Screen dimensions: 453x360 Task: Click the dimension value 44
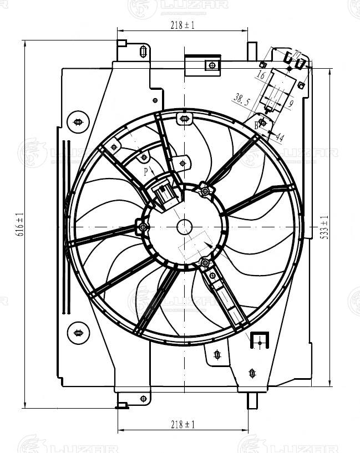tap(279, 138)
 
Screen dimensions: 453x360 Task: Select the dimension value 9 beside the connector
tap(290, 103)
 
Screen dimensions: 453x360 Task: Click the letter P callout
tap(146, 171)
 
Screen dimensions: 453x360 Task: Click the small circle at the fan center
tap(184, 226)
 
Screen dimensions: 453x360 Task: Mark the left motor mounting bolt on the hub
tap(143, 227)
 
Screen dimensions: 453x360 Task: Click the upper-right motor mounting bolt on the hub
tap(205, 192)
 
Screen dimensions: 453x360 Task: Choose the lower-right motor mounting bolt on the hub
tap(205, 262)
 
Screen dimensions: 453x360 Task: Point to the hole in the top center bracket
tap(211, 65)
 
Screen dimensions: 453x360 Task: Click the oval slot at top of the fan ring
tap(184, 118)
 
